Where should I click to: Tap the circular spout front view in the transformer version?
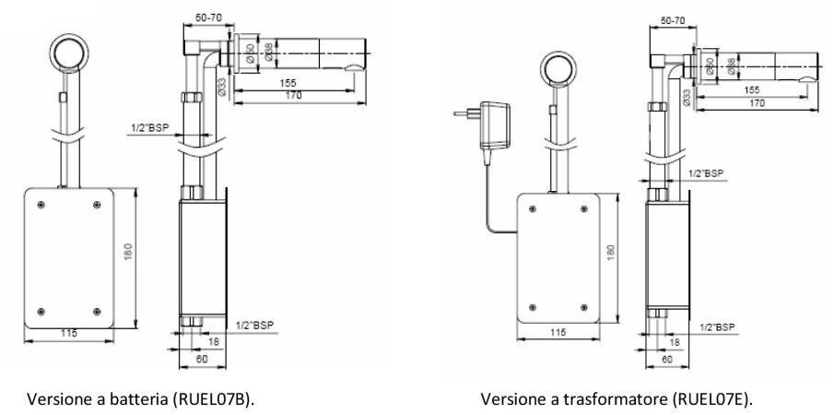[558, 66]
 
